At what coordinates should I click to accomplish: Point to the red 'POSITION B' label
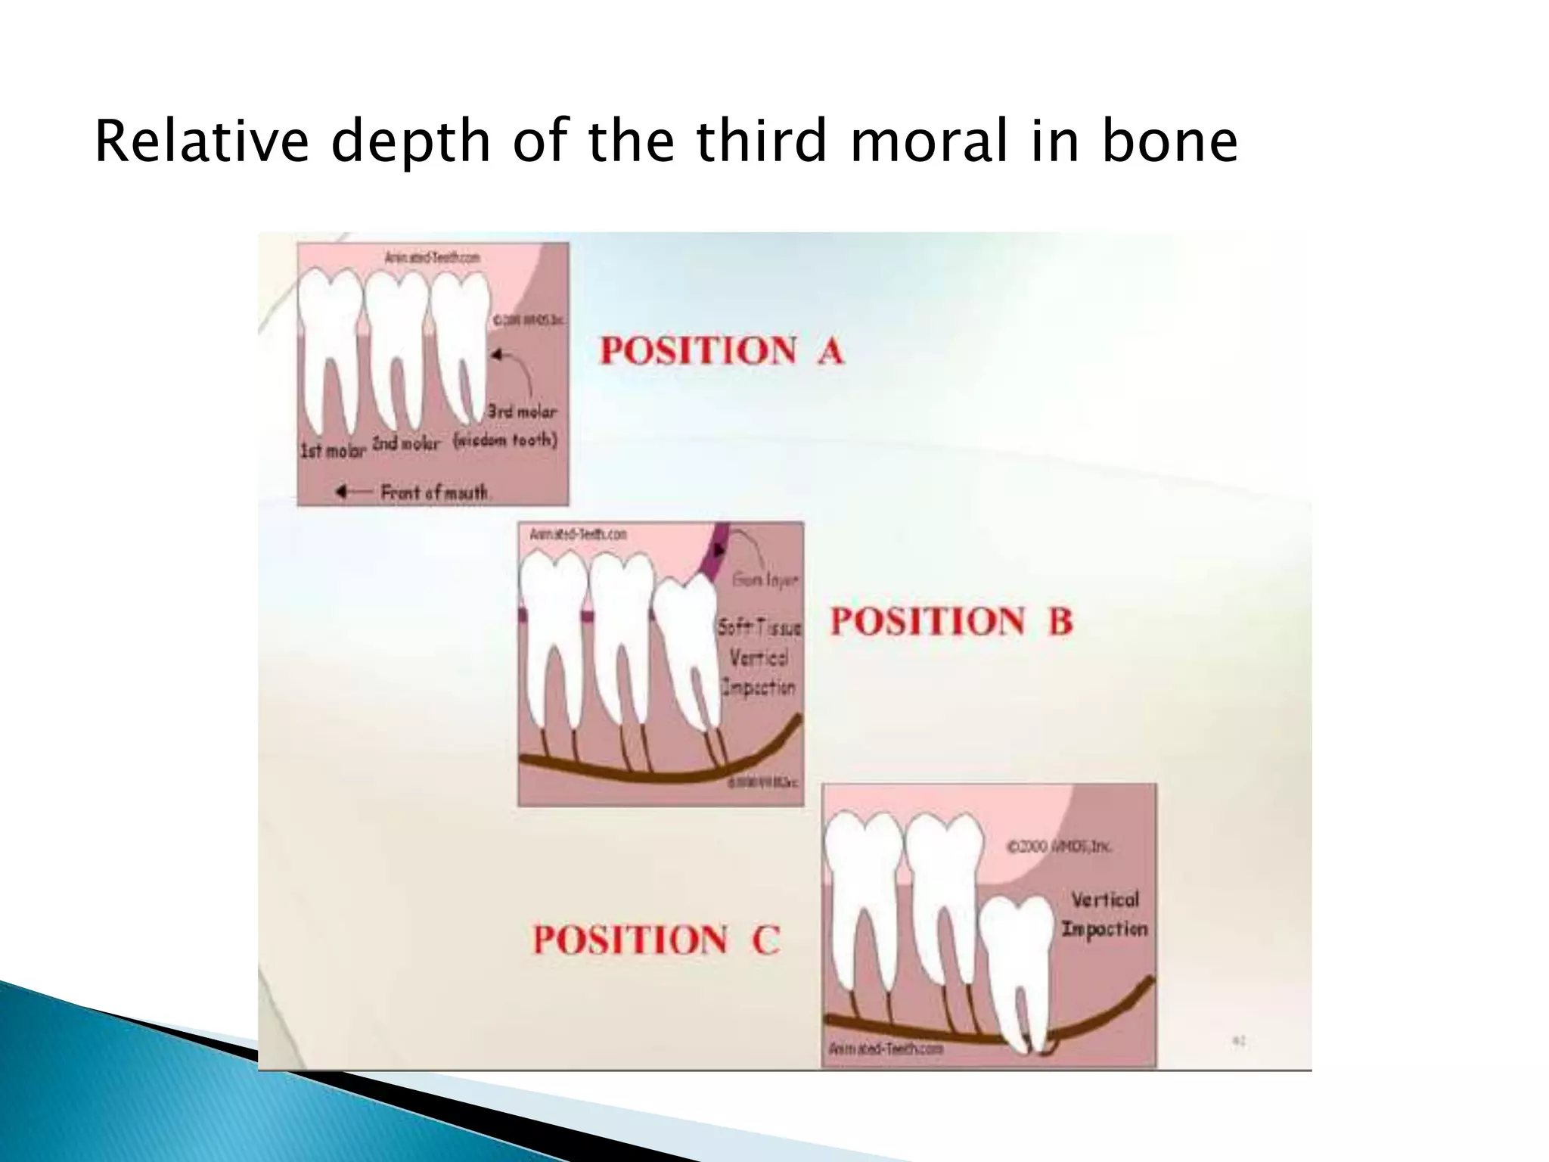coord(951,621)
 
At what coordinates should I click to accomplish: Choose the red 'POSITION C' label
coord(656,940)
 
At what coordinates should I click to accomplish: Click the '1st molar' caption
coord(333,450)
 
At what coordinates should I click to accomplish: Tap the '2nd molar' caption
coord(405,443)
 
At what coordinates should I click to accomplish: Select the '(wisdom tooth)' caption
coord(505,440)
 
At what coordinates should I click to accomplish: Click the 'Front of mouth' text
coord(434,493)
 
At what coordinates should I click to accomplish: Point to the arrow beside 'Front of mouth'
coord(352,492)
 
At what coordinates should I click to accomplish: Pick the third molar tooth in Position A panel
coord(461,340)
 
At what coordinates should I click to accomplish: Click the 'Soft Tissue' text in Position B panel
coord(759,627)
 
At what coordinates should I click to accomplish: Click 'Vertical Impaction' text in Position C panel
coord(1104,914)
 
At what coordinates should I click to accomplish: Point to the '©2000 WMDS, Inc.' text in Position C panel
coord(1059,847)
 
